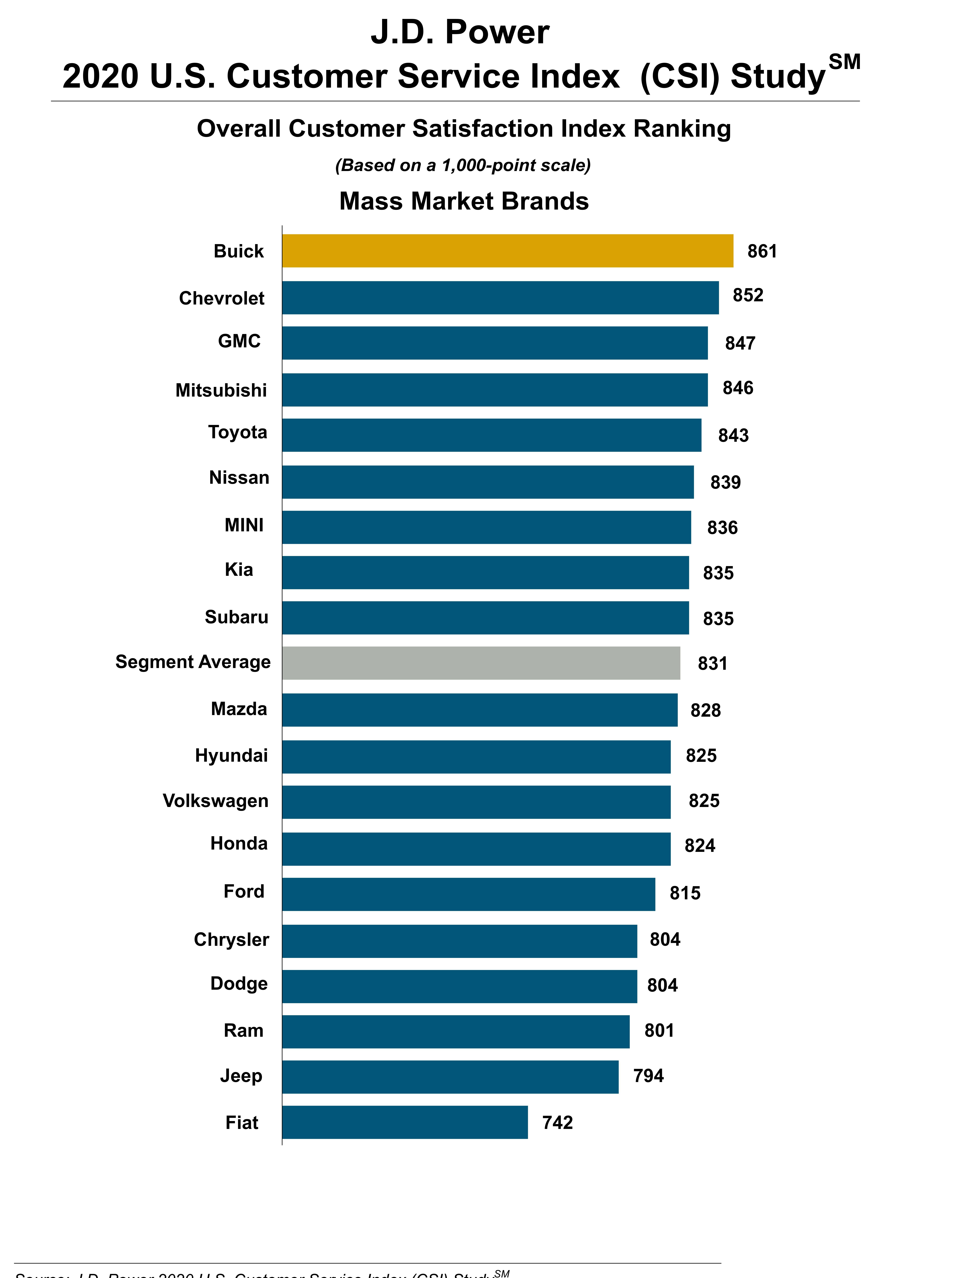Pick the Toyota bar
(x=491, y=435)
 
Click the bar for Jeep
(x=450, y=1076)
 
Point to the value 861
(x=762, y=251)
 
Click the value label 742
(x=557, y=1122)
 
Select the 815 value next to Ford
(x=685, y=893)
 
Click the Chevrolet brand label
(x=222, y=298)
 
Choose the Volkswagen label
(x=215, y=801)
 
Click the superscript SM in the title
(x=844, y=62)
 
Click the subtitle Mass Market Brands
(x=464, y=201)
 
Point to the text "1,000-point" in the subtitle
(x=490, y=165)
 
